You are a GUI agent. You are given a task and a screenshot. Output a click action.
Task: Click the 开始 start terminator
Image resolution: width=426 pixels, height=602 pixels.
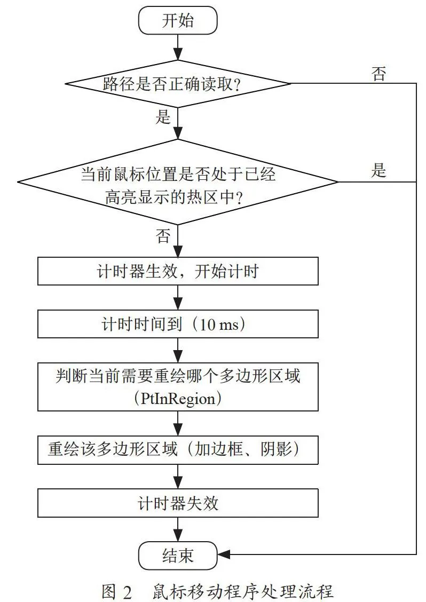point(178,20)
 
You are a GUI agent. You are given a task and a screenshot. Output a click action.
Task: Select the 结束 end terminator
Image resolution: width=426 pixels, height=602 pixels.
point(178,555)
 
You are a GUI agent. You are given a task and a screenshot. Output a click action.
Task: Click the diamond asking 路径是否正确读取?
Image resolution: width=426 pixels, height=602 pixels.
point(178,84)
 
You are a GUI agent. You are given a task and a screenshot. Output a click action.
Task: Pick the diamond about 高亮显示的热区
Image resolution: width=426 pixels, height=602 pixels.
point(178,182)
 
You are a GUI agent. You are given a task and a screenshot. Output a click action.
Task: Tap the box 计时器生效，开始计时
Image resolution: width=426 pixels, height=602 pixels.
point(178,271)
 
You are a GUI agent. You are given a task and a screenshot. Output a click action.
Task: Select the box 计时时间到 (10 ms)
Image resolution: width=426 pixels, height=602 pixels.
point(178,324)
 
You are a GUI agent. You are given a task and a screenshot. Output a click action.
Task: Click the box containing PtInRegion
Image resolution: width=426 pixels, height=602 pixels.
point(178,386)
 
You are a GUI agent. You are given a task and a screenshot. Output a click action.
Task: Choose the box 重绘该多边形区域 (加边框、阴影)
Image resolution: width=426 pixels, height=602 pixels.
point(178,449)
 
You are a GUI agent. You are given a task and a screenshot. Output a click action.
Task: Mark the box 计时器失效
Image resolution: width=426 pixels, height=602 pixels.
point(178,503)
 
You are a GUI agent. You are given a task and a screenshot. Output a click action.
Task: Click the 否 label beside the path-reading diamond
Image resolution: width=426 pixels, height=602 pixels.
point(378,73)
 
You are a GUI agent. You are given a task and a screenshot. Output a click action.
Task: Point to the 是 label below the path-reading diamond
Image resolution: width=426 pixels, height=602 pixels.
point(163,116)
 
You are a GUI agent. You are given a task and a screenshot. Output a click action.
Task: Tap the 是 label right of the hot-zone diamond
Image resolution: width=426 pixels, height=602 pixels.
point(378,169)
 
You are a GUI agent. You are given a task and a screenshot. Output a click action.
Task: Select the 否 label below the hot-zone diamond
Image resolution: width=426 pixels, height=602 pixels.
point(163,235)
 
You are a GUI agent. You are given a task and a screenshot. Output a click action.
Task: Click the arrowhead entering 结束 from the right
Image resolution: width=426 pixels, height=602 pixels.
point(224,555)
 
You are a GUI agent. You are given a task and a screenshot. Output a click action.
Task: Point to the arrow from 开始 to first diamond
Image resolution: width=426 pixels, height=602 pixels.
point(178,47)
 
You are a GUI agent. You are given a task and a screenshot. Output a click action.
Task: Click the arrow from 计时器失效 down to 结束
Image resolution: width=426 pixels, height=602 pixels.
point(178,529)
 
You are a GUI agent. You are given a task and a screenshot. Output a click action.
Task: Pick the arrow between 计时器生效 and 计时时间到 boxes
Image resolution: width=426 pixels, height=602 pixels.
point(178,298)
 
